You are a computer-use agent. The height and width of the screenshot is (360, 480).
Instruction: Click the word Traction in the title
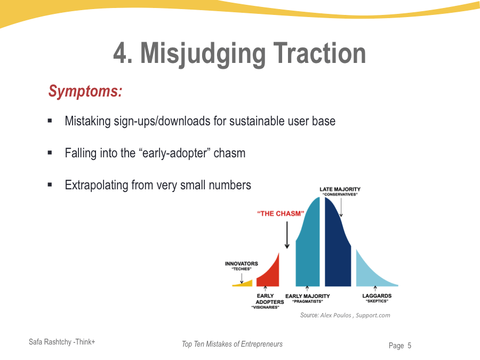tap(319, 53)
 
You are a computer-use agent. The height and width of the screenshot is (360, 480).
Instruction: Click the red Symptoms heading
tap(85, 91)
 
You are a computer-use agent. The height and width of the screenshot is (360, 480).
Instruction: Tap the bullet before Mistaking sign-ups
tap(50, 121)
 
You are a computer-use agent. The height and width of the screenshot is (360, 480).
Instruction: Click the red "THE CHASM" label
tap(281, 213)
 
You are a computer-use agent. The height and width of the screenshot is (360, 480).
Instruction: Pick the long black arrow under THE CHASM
tap(287, 235)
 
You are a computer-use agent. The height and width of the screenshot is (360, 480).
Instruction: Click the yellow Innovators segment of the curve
tap(243, 284)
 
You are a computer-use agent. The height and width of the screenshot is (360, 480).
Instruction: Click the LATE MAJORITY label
tap(340, 189)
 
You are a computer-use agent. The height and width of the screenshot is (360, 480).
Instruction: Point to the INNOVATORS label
tap(241, 263)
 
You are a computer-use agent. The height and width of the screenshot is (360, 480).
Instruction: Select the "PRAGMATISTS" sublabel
tap(307, 301)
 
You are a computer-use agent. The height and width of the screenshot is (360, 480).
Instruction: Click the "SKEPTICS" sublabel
tap(377, 301)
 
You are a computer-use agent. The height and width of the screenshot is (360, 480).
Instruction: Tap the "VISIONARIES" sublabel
tap(265, 307)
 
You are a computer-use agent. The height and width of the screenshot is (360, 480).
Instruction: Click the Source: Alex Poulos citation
tap(345, 315)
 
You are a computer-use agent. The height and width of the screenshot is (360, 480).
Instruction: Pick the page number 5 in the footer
tap(409, 346)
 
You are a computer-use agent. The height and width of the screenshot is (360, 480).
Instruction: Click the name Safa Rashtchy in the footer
tap(50, 342)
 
